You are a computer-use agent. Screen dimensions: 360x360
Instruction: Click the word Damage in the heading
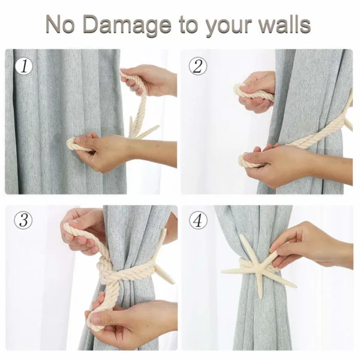point(128,25)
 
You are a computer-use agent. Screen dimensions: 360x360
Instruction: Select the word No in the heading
point(61,24)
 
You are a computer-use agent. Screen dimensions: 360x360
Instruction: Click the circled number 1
point(24,67)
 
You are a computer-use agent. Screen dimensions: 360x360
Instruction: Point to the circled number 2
point(197,66)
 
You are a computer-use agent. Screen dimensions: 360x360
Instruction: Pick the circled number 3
point(23,220)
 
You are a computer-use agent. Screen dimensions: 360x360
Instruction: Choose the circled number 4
point(198,220)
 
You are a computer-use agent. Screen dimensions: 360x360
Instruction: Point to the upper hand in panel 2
point(257,92)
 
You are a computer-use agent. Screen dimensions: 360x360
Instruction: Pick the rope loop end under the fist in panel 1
point(73,145)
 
